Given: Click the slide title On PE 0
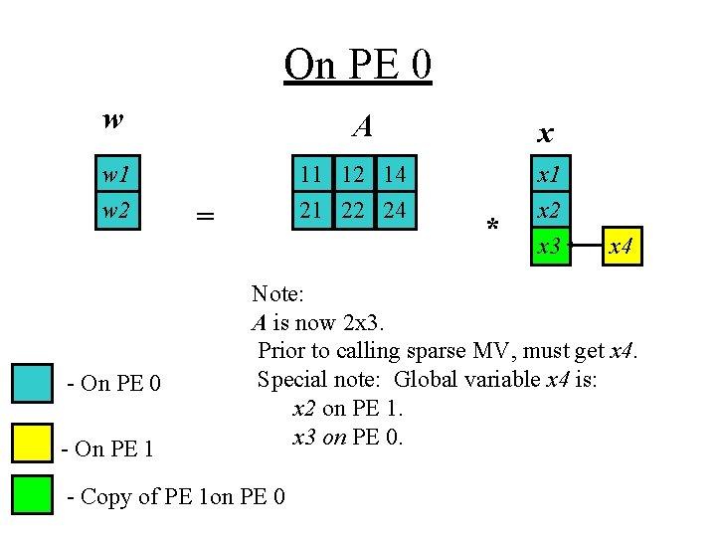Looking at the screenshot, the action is point(357,65).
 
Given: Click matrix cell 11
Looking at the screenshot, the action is point(311,175).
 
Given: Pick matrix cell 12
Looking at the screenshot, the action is point(352,175).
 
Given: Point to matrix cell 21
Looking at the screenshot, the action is point(311,211).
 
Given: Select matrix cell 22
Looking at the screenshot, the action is point(352,211).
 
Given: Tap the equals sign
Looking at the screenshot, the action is point(205,216).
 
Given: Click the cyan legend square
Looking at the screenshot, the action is point(32,383).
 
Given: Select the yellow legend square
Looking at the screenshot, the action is point(32,444).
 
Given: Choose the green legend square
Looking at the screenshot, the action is point(32,494).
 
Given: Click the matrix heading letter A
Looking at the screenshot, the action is point(363,125).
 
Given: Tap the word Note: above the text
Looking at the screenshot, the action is point(277,293).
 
